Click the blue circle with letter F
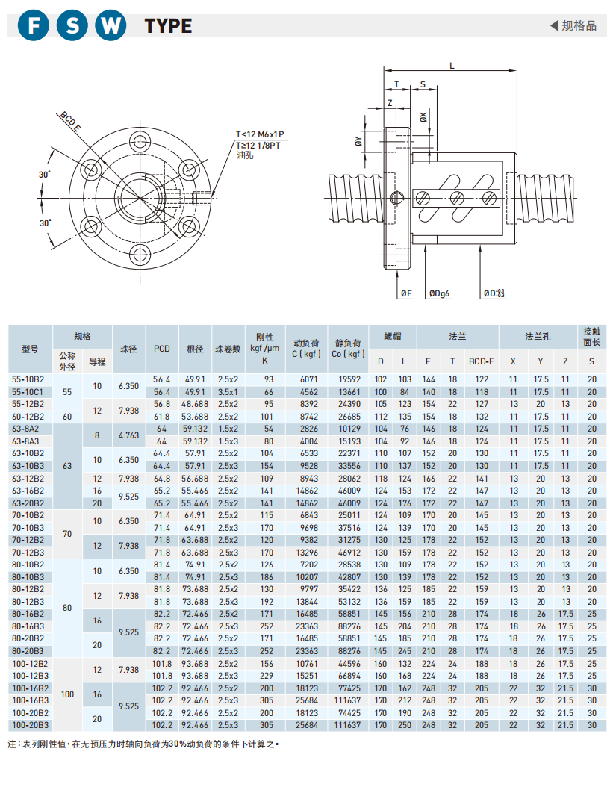[33, 26]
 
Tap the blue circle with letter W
[111, 26]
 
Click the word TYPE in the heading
[168, 27]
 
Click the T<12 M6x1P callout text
[260, 134]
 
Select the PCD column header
[162, 349]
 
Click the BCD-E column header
[482, 361]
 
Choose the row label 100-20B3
[30, 724]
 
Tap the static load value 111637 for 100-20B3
[348, 724]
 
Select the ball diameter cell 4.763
[128, 435]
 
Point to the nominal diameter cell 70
[68, 533]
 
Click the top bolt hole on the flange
[140, 141]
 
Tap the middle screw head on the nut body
[455, 197]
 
